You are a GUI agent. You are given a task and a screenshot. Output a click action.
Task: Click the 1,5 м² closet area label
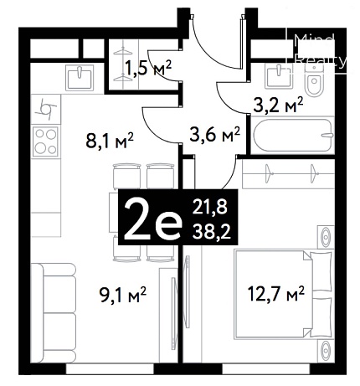[148, 68]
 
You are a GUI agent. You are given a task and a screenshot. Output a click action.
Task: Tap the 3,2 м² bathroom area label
[278, 106]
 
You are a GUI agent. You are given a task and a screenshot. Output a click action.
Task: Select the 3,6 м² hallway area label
[214, 134]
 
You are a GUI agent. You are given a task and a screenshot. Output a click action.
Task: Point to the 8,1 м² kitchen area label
[111, 141]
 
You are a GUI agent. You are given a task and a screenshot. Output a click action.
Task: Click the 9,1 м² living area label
[123, 296]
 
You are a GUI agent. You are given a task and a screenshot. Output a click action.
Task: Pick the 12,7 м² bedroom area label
[275, 294]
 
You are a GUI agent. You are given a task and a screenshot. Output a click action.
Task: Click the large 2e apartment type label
[152, 220]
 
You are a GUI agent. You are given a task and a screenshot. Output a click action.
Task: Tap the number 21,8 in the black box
[209, 207]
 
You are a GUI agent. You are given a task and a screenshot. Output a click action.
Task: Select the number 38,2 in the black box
[211, 231]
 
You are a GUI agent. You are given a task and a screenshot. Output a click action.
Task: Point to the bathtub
[293, 135]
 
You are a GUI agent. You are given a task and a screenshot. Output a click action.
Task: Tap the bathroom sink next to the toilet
[280, 75]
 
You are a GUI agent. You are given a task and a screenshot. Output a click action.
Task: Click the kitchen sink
[80, 78]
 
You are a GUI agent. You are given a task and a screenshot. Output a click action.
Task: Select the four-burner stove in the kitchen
[45, 142]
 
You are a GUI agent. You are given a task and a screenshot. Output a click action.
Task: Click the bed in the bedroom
[284, 294]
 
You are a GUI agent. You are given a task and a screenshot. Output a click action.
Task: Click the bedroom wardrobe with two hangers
[288, 173]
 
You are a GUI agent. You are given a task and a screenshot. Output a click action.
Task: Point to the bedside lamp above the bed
[326, 237]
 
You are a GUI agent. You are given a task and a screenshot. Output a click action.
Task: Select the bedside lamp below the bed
[326, 351]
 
